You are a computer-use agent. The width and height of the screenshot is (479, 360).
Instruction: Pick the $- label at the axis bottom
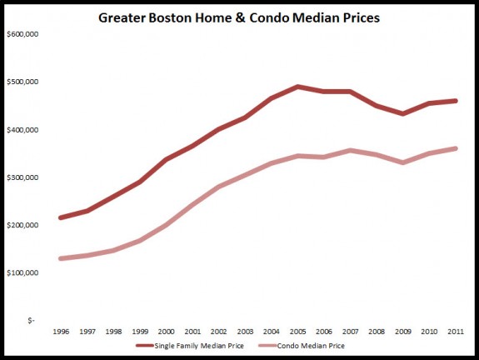31,320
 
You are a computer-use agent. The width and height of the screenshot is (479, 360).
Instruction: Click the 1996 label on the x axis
61,331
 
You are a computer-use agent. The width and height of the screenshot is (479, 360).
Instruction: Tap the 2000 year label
166,331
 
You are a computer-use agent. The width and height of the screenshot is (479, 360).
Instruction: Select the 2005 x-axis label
297,331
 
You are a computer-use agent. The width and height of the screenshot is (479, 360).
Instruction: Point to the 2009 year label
402,331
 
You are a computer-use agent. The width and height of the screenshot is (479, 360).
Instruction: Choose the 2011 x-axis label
455,331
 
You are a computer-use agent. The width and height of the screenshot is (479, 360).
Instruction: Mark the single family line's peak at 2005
297,87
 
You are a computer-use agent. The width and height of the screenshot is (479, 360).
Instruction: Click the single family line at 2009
402,113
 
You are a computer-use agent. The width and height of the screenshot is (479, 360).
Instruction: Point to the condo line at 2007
350,151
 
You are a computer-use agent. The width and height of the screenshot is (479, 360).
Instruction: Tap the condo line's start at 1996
61,258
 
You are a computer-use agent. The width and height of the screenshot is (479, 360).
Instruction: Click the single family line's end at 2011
455,101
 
